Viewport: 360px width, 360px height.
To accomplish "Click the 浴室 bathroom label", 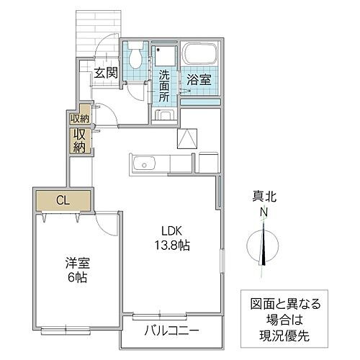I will click(x=199, y=79).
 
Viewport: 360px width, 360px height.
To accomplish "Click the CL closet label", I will click(x=63, y=199).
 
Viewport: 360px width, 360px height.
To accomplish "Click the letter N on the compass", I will click(x=264, y=212).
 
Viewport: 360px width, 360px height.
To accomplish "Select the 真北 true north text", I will click(x=264, y=196).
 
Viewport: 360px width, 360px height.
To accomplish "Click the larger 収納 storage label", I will click(x=79, y=140).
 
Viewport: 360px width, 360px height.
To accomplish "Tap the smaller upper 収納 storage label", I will click(x=78, y=119).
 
